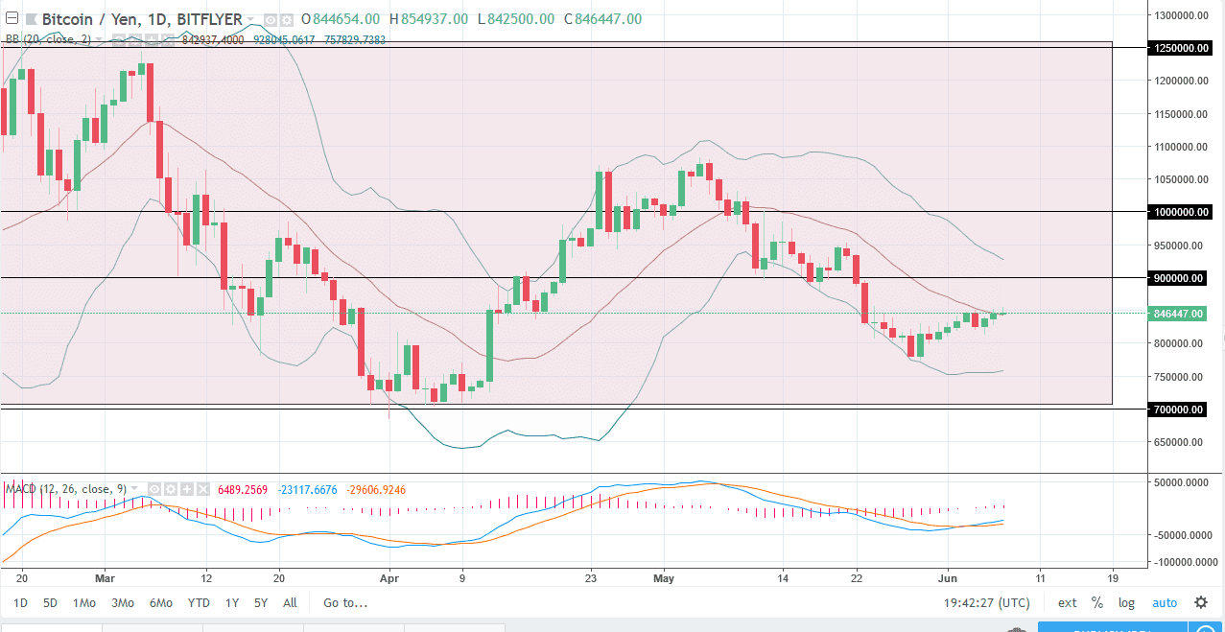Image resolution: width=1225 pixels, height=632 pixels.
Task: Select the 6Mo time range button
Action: click(x=160, y=603)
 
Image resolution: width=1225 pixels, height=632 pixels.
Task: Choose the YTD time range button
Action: click(x=199, y=603)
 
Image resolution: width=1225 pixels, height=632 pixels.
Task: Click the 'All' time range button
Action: click(x=290, y=603)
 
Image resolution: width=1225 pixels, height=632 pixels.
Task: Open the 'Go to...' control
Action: click(x=345, y=603)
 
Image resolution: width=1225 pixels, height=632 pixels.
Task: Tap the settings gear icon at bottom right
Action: click(x=1201, y=602)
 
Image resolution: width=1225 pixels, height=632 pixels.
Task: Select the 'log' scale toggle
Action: click(x=1125, y=603)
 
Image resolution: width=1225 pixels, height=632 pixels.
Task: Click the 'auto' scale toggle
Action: click(x=1164, y=603)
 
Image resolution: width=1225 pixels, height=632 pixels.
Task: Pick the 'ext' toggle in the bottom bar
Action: click(x=1067, y=603)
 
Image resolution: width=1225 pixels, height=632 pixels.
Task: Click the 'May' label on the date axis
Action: click(x=664, y=578)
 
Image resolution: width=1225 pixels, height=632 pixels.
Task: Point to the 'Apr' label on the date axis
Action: click(x=388, y=578)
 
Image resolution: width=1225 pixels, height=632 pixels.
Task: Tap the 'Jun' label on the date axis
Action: click(x=948, y=578)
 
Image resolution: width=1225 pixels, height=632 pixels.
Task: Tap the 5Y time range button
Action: click(x=261, y=603)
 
